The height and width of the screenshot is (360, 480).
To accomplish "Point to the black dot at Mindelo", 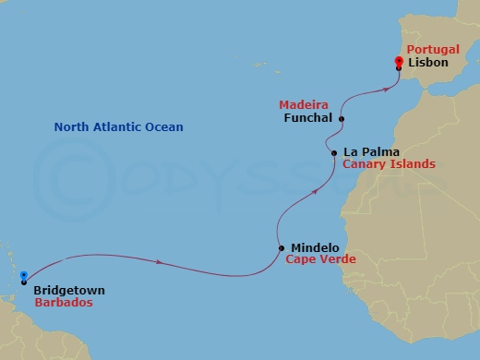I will pos(281,247).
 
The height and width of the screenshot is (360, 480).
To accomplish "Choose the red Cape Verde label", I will pos(320,259).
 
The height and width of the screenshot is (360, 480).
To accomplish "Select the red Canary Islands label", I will pos(389,164).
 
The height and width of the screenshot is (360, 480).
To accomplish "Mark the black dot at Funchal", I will pos(342,119).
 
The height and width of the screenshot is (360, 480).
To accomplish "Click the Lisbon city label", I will pos(426,63).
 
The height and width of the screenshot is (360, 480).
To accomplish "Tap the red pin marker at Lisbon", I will pos(399,62).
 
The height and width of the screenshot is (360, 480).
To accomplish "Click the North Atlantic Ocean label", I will pos(118,127).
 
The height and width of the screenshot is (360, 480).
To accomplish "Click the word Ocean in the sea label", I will pos(164,127).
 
